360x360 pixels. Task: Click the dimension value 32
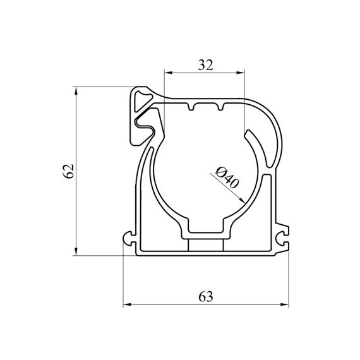coord(206,65)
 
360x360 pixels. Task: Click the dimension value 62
coord(68,171)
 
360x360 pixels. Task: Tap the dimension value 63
coord(206,296)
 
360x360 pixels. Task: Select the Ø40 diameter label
coord(227,177)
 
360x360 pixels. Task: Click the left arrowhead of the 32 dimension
coord(168,73)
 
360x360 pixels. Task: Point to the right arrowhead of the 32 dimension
coord(241,73)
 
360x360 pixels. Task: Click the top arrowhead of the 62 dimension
coord(76,91)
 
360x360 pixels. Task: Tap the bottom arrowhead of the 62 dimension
coord(76,251)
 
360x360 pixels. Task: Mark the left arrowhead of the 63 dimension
coord(127,304)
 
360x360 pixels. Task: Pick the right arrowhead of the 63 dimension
coord(285,304)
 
